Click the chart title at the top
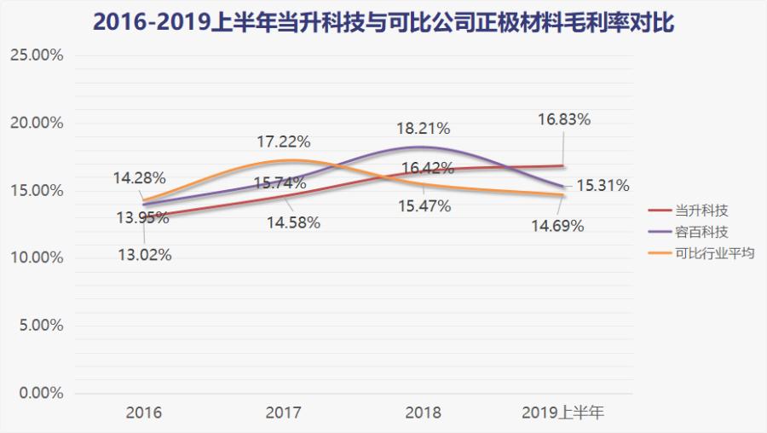pyautogui.click(x=383, y=21)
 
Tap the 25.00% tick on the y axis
pyautogui.click(x=36, y=55)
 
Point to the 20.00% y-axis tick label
pyautogui.click(x=36, y=123)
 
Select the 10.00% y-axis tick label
pyautogui.click(x=36, y=258)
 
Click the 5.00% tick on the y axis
pyautogui.click(x=39, y=326)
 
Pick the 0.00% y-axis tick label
pyautogui.click(x=39, y=394)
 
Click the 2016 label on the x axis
pyautogui.click(x=144, y=413)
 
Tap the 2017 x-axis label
pyautogui.click(x=284, y=413)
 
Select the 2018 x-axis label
pyautogui.click(x=424, y=413)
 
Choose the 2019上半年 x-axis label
pyautogui.click(x=563, y=413)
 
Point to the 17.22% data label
pyautogui.click(x=285, y=141)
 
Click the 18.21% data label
pyautogui.click(x=424, y=129)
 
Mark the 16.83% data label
pyautogui.click(x=563, y=120)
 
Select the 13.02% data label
pyautogui.click(x=145, y=254)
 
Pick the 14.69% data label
pyautogui.click(x=558, y=226)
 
